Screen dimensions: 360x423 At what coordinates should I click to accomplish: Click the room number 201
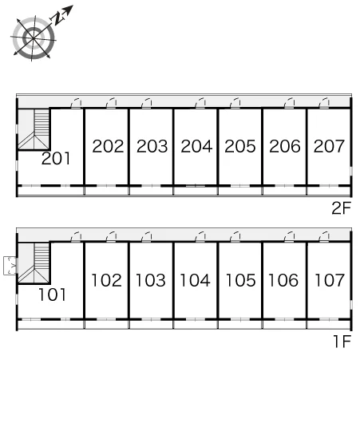coord(56,158)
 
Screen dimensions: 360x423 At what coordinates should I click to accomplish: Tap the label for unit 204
coord(196,146)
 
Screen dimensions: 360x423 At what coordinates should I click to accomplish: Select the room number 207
coord(329,146)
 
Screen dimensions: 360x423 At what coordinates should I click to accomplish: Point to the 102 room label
coord(106,280)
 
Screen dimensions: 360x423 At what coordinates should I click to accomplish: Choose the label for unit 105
coord(240,280)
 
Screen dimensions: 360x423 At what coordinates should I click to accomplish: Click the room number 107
coord(330,280)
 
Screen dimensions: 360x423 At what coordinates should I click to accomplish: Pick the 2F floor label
coord(341,208)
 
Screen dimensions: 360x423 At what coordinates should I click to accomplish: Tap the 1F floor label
coord(342,342)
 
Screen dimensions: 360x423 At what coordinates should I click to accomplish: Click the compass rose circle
coord(34,38)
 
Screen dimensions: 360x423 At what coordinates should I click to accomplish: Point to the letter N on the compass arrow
coord(57,18)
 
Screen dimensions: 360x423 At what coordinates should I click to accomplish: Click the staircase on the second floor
coord(34,129)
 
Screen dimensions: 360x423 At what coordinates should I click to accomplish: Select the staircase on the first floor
coord(34,263)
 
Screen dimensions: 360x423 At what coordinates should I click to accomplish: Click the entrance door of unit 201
coord(76,104)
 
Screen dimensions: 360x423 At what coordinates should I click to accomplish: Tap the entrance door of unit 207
coord(324,104)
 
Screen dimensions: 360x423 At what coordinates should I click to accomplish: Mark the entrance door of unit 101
coord(76,236)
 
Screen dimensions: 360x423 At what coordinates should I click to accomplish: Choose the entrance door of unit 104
coord(200,236)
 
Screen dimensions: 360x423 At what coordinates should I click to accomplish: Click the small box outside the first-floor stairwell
coord(10,266)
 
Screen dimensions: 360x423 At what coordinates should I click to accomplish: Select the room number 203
coord(152,146)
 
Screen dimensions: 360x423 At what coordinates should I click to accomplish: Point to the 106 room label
coord(283,280)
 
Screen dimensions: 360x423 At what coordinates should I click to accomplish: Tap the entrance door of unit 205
coord(235,104)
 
